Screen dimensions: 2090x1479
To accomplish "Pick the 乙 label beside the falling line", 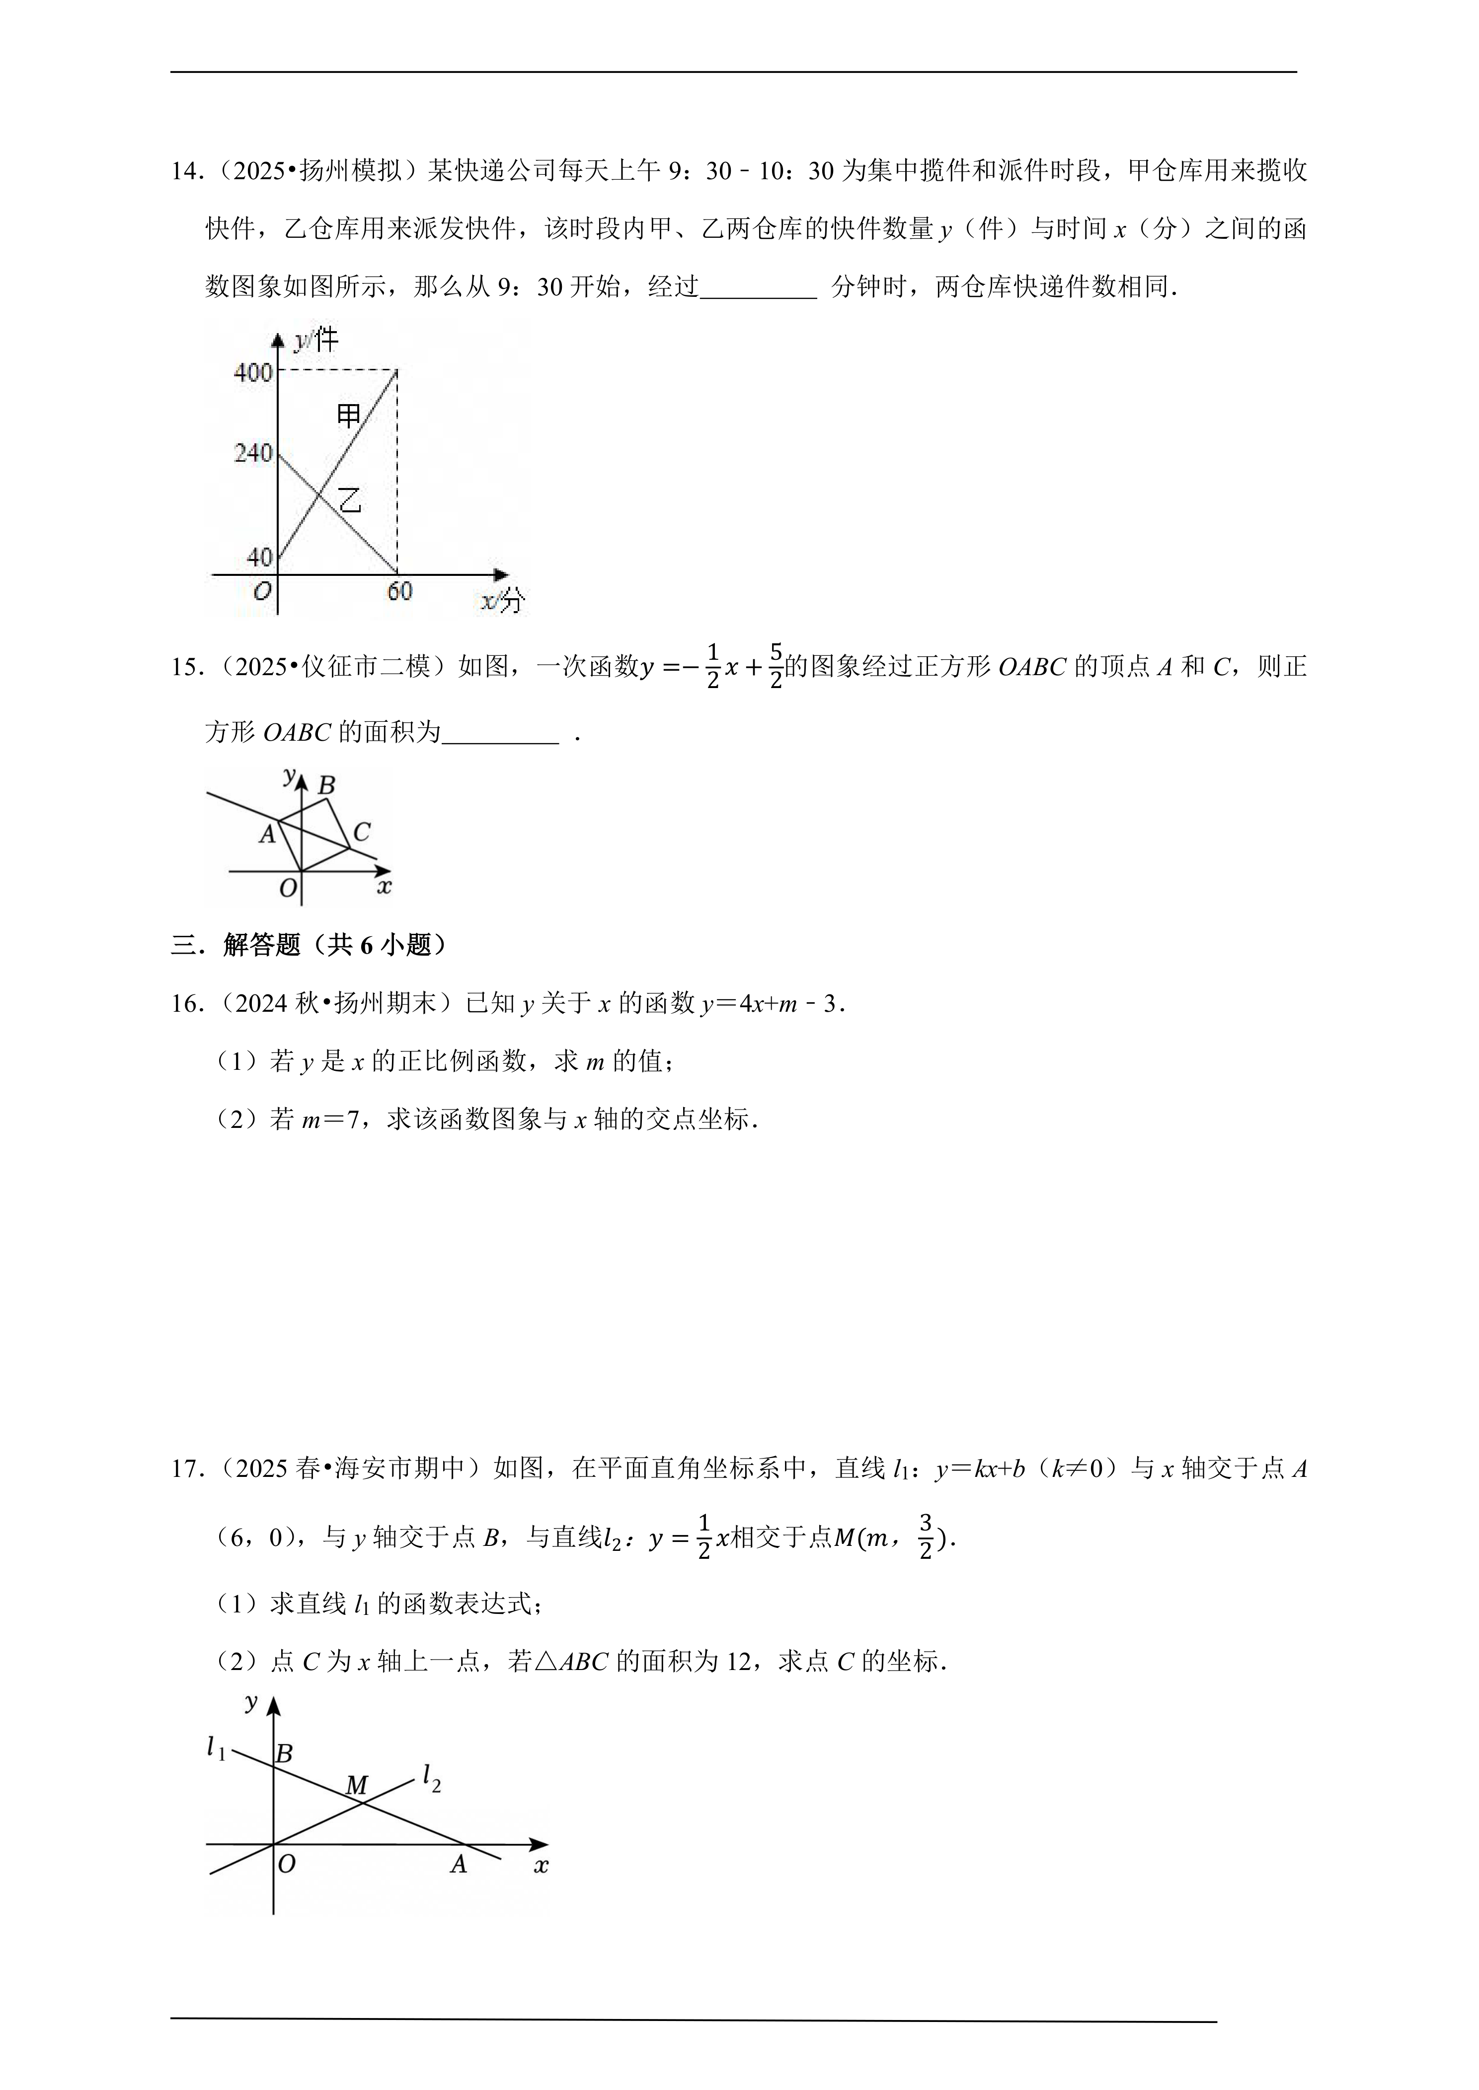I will click(x=350, y=500).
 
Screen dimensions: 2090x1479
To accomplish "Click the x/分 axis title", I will click(x=503, y=601).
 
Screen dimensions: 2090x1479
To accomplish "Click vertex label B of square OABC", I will click(x=326, y=785).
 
